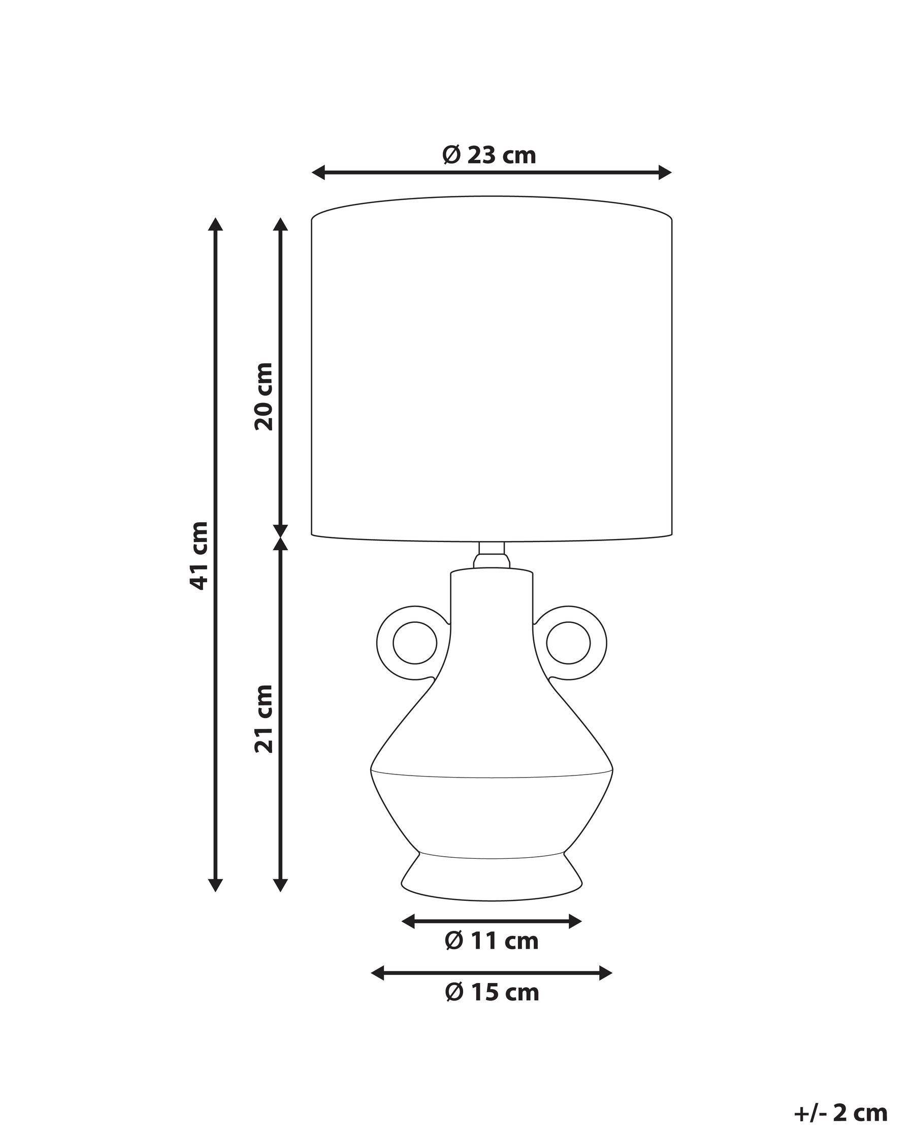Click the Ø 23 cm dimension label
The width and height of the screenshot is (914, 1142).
pos(489,156)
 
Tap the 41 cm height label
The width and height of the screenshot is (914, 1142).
pos(200,555)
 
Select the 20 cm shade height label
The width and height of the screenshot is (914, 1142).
pos(264,396)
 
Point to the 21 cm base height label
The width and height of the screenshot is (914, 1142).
pos(264,719)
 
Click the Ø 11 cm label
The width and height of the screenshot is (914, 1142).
pos(491,941)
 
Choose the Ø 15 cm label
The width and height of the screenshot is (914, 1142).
pos(492,993)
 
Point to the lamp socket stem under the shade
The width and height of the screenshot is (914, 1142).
pos(491,555)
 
